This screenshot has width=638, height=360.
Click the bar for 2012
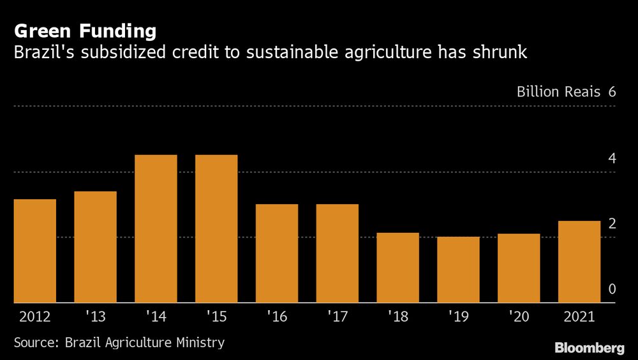pyautogui.click(x=34, y=251)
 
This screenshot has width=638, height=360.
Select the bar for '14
pyautogui.click(x=156, y=229)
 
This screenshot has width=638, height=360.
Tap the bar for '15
pyautogui.click(x=216, y=229)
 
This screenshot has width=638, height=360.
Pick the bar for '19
pyautogui.click(x=458, y=269)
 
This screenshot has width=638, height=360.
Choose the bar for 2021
pyautogui.click(x=579, y=262)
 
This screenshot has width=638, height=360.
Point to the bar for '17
pyautogui.click(x=337, y=253)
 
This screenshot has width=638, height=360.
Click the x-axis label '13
pyautogui.click(x=95, y=317)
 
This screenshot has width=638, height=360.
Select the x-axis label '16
pyautogui.click(x=276, y=317)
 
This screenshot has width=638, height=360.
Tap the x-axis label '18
pyautogui.click(x=397, y=317)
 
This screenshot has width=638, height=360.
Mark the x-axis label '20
pyautogui.click(x=518, y=317)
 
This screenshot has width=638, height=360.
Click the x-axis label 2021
pyautogui.click(x=579, y=317)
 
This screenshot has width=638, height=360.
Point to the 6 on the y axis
pyautogui.click(x=612, y=92)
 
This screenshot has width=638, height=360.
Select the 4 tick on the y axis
pyautogui.click(x=612, y=158)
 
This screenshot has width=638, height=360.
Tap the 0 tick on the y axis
pyautogui.click(x=612, y=289)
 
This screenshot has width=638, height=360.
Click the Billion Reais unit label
pyautogui.click(x=558, y=92)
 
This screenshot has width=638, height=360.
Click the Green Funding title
pyautogui.click(x=85, y=31)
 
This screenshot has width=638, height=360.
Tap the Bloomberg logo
pyautogui.click(x=589, y=348)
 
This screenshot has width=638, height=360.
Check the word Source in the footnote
pyautogui.click(x=36, y=343)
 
